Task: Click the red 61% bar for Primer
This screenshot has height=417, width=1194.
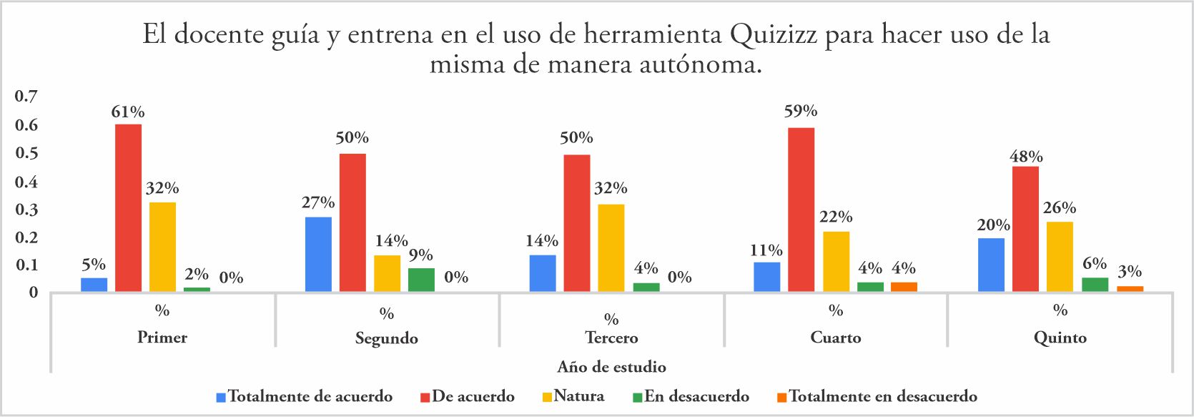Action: tap(129, 207)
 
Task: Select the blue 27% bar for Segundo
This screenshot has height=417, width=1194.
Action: tap(318, 254)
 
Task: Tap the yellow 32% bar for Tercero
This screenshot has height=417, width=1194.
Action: tap(611, 247)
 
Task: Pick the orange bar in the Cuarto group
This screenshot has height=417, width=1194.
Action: tap(904, 287)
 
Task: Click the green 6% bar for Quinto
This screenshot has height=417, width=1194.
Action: tap(1095, 285)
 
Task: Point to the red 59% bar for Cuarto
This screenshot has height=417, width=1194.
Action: tap(801, 210)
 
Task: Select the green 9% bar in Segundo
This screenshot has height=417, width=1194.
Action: tap(421, 280)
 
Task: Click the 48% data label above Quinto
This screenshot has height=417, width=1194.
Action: tap(1025, 157)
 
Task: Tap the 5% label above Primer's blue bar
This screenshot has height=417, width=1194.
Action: tap(94, 265)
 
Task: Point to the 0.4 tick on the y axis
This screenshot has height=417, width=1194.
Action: tap(26, 182)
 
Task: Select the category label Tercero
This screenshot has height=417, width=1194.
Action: tap(611, 338)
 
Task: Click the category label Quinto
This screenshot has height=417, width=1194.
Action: tap(1060, 338)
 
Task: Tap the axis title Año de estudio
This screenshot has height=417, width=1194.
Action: tap(611, 367)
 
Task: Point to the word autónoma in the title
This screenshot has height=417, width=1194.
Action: tap(697, 65)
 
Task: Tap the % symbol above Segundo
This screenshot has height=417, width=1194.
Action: tap(387, 314)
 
